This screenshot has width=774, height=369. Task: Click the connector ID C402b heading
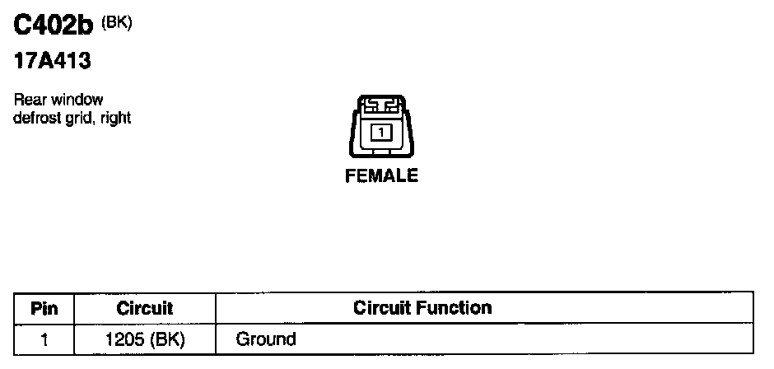pyautogui.click(x=55, y=28)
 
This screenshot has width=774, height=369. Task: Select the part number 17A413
pyautogui.click(x=52, y=63)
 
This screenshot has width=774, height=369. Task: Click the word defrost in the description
pyautogui.click(x=38, y=118)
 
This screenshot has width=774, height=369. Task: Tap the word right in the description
pyautogui.click(x=116, y=118)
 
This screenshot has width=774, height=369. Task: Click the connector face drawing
pyautogui.click(x=380, y=131)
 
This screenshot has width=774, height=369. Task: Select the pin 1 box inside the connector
pyautogui.click(x=380, y=132)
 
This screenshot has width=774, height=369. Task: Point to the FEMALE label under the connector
pyautogui.click(x=381, y=175)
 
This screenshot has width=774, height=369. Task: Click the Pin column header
pyautogui.click(x=44, y=309)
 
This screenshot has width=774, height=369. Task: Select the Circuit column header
pyautogui.click(x=145, y=309)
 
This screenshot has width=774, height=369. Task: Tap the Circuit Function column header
pyautogui.click(x=422, y=309)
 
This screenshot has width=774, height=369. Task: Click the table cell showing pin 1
pyautogui.click(x=44, y=339)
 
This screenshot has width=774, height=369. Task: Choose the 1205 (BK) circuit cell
pyautogui.click(x=145, y=339)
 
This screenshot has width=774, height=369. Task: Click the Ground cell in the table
pyautogui.click(x=266, y=339)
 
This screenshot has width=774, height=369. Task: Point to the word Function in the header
pyautogui.click(x=454, y=309)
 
